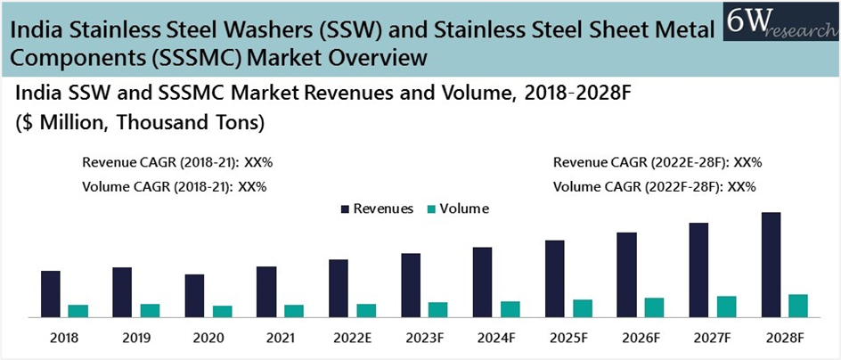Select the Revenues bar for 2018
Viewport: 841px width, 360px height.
[51, 293]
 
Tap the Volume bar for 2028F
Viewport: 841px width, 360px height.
[798, 305]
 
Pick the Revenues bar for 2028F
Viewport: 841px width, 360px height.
[772, 264]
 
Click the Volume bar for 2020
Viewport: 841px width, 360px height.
[222, 311]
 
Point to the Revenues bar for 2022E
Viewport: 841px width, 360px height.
[339, 288]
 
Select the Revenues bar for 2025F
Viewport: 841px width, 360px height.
[555, 278]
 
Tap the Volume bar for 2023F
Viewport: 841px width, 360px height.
[437, 309]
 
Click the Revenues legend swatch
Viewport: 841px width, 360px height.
[344, 209]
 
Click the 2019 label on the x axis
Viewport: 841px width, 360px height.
[135, 339]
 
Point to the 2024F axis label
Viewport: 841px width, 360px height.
[495, 339]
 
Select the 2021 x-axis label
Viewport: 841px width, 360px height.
[280, 339]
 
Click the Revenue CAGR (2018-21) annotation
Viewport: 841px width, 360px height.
[177, 163]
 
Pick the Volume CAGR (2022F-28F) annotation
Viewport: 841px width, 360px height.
[655, 187]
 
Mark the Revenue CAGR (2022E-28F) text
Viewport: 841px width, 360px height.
[657, 163]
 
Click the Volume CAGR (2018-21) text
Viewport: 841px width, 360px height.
[175, 187]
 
